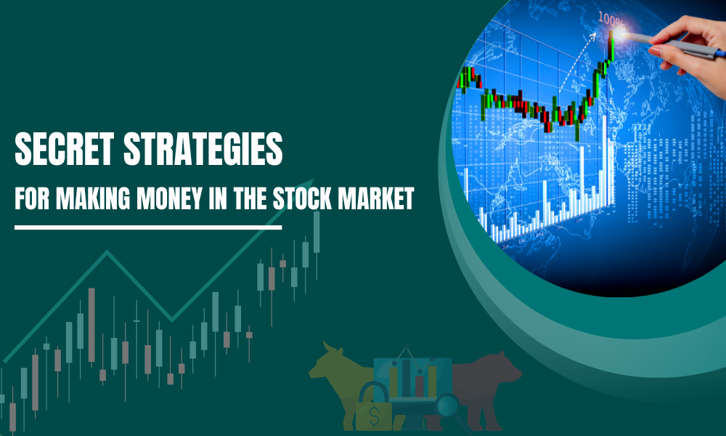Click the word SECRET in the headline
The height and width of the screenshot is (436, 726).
(x=65, y=149)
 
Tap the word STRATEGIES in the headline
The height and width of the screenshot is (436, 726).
(x=203, y=149)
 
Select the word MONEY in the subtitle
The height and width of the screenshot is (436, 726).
(x=169, y=198)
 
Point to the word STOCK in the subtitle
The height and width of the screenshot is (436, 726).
(x=302, y=198)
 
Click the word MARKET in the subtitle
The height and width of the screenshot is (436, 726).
(x=376, y=198)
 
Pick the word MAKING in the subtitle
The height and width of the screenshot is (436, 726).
(x=93, y=198)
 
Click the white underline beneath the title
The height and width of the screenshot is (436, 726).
(x=148, y=227)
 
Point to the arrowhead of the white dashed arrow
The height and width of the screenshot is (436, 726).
(x=593, y=35)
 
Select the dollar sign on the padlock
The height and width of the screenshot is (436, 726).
(x=374, y=416)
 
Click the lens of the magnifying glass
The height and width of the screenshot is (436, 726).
(x=447, y=405)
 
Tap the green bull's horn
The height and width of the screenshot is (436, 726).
(x=327, y=347)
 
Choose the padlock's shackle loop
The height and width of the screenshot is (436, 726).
(x=373, y=392)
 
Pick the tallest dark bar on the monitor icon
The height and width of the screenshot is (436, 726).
(x=407, y=378)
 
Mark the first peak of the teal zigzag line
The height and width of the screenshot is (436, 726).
(x=107, y=251)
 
